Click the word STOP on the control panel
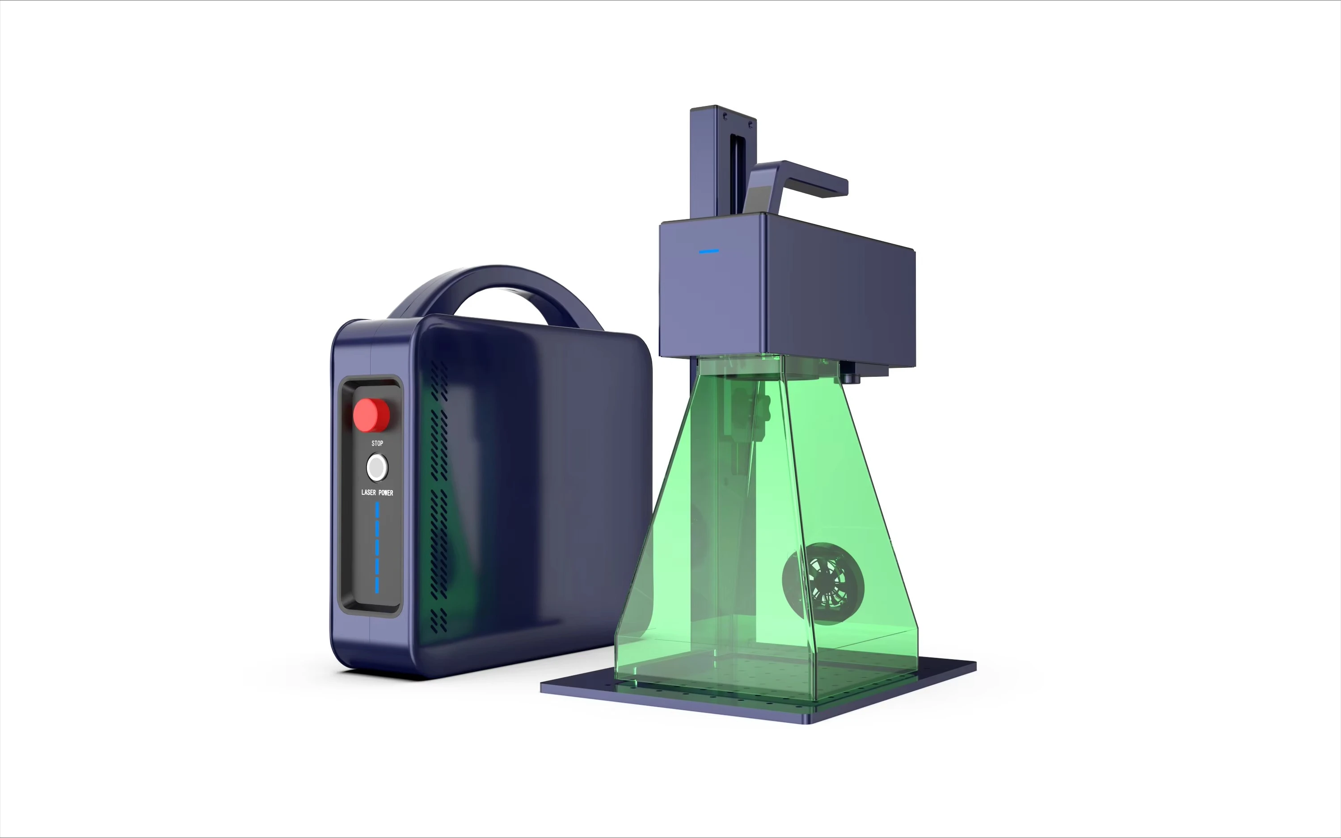377,443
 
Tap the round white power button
377,468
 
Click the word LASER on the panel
368,492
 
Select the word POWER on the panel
386,493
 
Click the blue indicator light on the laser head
709,252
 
